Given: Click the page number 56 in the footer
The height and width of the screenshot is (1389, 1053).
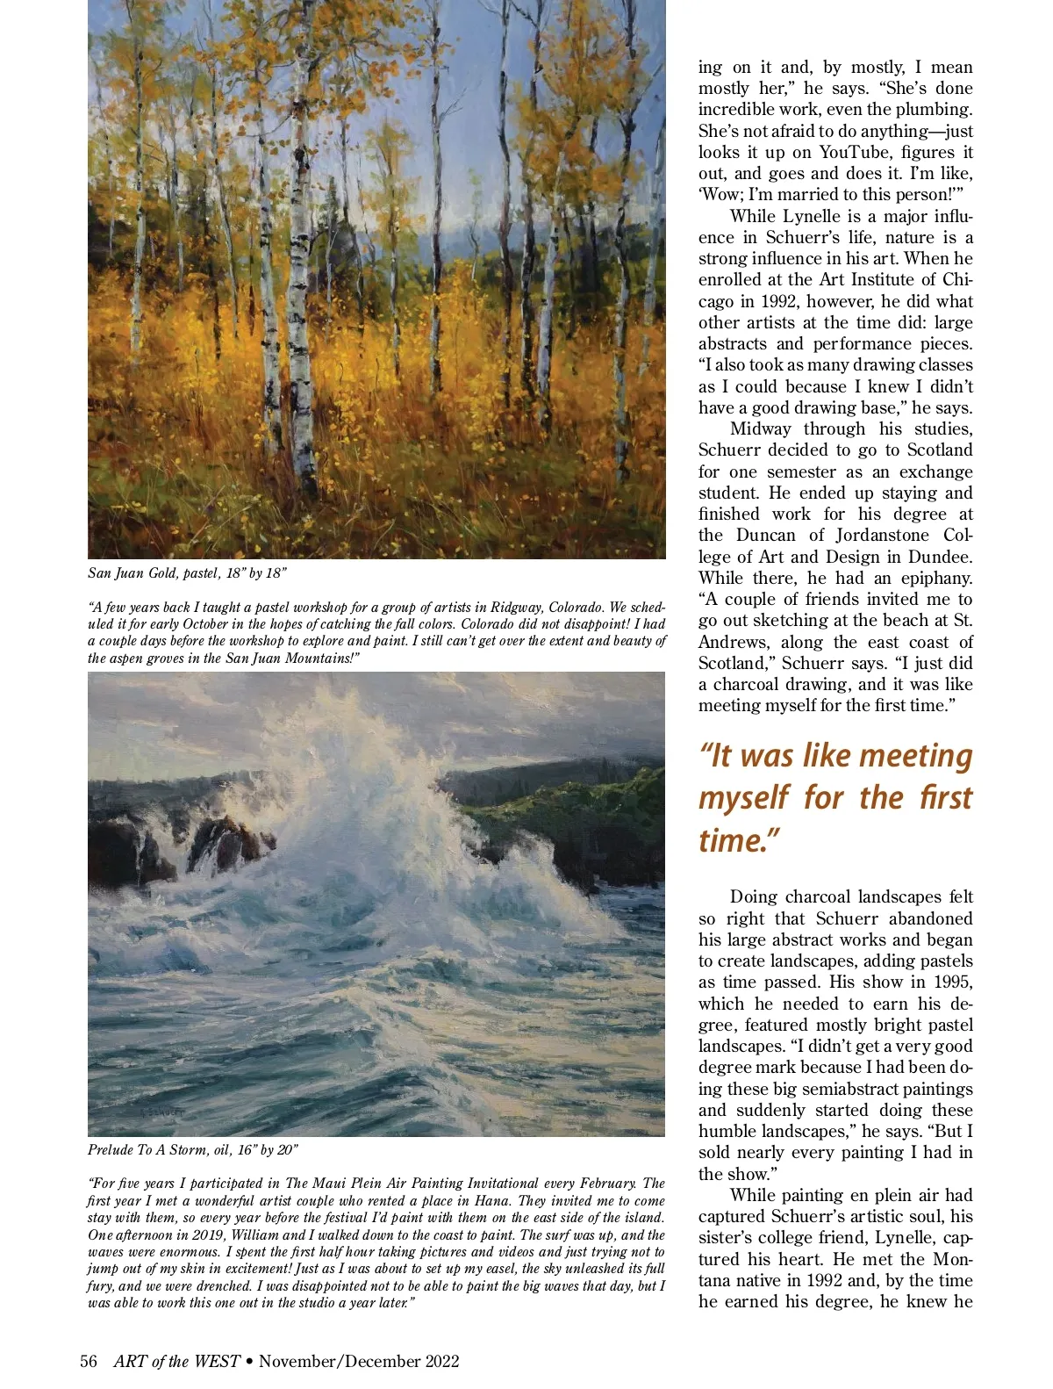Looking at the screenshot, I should (89, 1361).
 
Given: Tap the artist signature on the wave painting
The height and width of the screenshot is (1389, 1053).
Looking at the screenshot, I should (163, 1112).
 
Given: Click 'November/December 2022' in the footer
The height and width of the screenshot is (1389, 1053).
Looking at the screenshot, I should (359, 1361).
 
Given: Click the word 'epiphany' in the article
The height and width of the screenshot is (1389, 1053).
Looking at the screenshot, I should (931, 578).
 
